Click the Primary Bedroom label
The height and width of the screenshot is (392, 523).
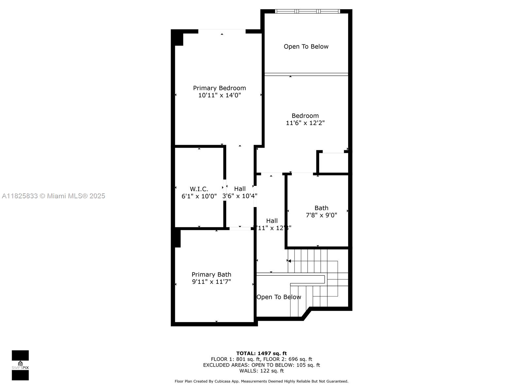click(x=219, y=88)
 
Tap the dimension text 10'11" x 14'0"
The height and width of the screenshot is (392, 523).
click(x=219, y=95)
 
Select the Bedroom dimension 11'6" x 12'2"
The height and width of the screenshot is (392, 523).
click(x=305, y=123)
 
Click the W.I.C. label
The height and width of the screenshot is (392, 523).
click(x=199, y=189)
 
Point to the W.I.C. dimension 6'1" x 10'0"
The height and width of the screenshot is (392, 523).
click(x=199, y=196)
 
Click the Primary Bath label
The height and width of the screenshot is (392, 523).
click(x=211, y=274)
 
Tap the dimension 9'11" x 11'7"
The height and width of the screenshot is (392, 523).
click(x=211, y=282)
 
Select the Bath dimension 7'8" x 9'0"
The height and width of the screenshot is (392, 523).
click(x=321, y=215)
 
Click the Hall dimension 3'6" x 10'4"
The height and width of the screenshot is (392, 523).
click(x=240, y=196)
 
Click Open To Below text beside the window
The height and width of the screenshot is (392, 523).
click(x=306, y=47)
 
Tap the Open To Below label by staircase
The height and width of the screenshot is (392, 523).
click(x=278, y=297)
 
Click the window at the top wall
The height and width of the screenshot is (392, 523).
click(x=307, y=11)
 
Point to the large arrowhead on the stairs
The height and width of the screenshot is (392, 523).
click(x=289, y=261)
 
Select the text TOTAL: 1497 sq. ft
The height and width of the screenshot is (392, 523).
click(x=261, y=353)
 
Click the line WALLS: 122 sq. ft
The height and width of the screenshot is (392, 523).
click(x=261, y=371)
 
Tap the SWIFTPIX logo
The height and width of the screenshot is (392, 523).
click(x=20, y=365)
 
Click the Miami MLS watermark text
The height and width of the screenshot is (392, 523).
click(x=54, y=196)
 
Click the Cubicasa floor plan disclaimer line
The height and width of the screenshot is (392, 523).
click(x=261, y=381)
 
